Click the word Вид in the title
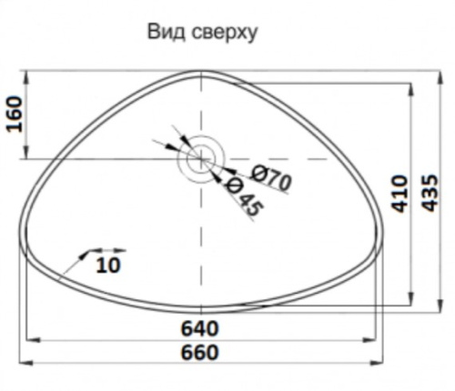point(165,33)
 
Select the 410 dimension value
point(398,194)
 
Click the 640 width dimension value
point(200,327)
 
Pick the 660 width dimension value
point(200,351)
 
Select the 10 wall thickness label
point(107,265)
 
